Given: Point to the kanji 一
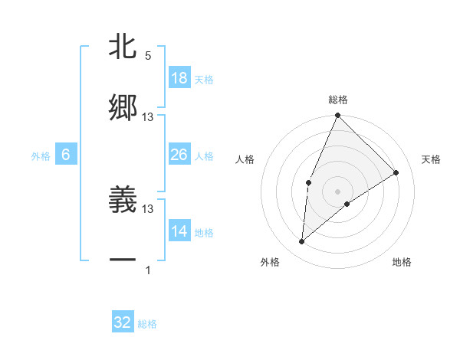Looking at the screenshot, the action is pyautogui.click(x=123, y=261).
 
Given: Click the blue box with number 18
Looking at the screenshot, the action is pyautogui.click(x=179, y=78).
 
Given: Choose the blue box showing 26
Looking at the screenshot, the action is pyautogui.click(x=179, y=155).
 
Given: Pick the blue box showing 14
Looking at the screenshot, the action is pyautogui.click(x=179, y=231).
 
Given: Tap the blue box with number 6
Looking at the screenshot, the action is pyautogui.click(x=66, y=155).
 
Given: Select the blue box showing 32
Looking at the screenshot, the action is pyautogui.click(x=123, y=322).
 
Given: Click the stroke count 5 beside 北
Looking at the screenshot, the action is pyautogui.click(x=148, y=56).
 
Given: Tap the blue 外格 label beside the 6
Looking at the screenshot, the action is pyautogui.click(x=41, y=155).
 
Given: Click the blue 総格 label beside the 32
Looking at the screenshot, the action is pyautogui.click(x=147, y=324).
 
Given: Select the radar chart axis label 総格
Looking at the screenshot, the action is pyautogui.click(x=337, y=100).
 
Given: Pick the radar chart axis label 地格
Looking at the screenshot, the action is pyautogui.click(x=402, y=262).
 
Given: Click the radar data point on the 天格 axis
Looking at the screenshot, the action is pyautogui.click(x=396, y=173).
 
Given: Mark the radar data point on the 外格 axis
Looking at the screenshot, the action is pyautogui.click(x=302, y=242).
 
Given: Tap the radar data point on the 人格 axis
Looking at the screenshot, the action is pyautogui.click(x=308, y=182).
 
